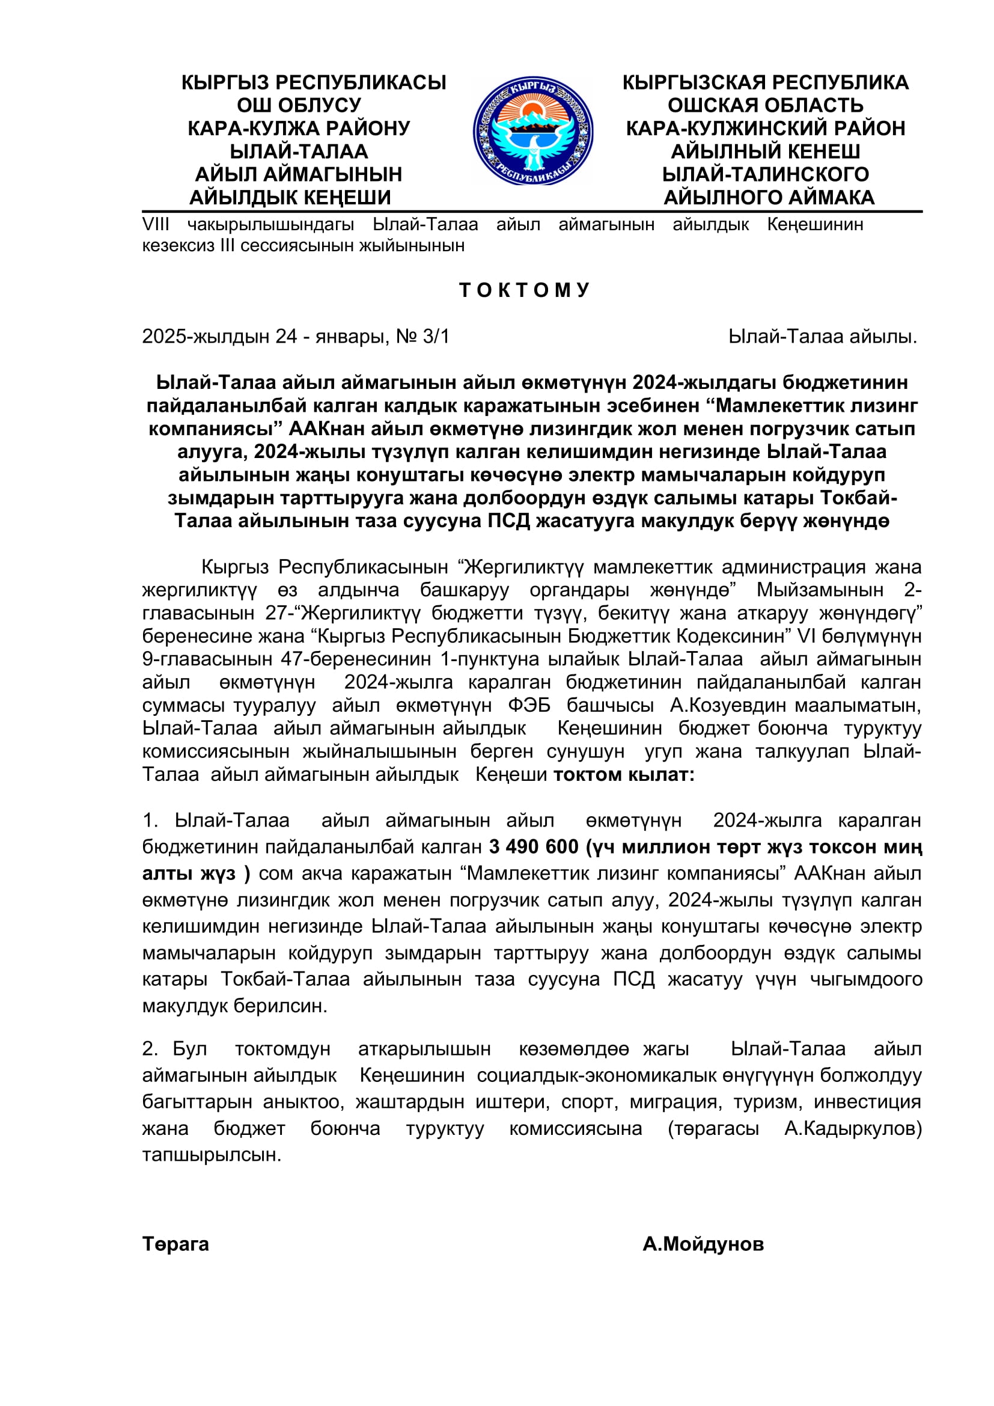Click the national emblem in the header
(x=532, y=130)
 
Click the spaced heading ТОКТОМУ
(x=525, y=290)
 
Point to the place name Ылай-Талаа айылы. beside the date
(x=822, y=336)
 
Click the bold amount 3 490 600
(x=533, y=846)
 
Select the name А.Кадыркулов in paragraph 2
(x=853, y=1128)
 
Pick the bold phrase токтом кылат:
(x=624, y=775)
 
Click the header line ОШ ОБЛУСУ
(x=299, y=105)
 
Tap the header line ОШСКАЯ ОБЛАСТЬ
(x=765, y=105)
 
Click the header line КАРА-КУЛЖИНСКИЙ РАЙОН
(x=765, y=129)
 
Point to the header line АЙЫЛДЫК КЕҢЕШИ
(x=290, y=197)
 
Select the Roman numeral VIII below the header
(x=156, y=225)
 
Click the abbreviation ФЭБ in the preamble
(x=529, y=706)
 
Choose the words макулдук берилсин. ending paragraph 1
(x=234, y=1006)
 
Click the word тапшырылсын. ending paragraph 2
(x=211, y=1155)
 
